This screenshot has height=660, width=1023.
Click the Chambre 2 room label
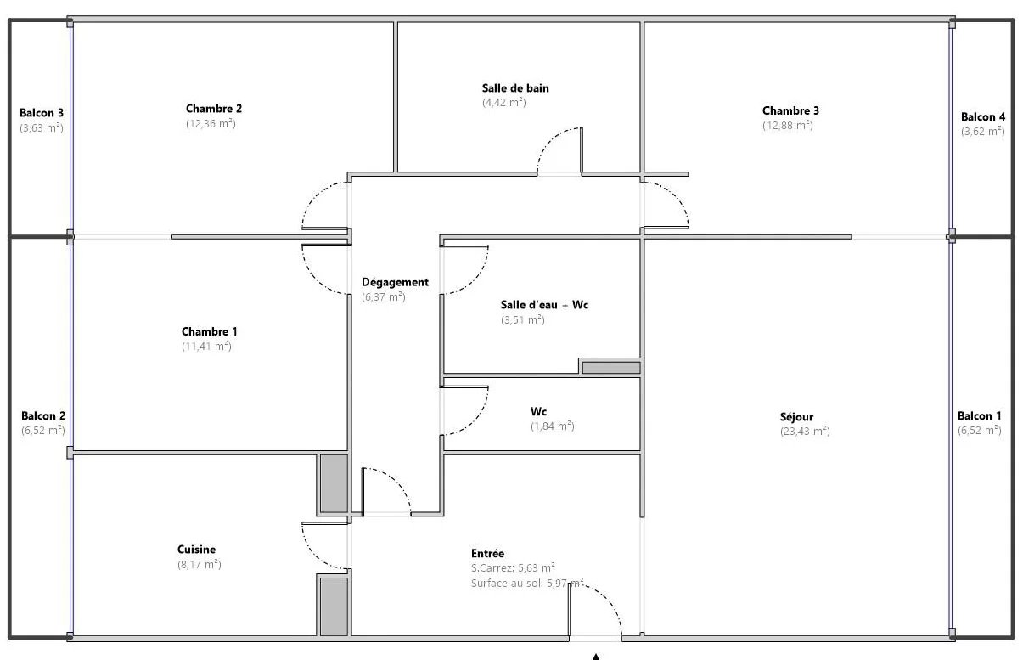point(214,109)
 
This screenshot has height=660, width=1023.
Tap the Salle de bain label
point(515,88)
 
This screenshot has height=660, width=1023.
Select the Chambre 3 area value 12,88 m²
point(787,125)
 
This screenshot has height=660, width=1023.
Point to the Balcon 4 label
point(983,117)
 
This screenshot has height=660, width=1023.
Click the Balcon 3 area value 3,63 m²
point(41,128)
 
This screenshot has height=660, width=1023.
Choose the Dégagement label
point(395,283)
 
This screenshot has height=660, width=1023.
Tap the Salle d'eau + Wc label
point(544,305)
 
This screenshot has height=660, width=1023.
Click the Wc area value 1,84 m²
point(552,426)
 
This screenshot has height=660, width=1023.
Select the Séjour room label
point(796,417)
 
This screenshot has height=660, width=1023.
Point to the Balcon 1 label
point(979,416)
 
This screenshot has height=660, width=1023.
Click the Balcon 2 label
point(43,416)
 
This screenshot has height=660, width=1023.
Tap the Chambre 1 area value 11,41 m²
point(206,347)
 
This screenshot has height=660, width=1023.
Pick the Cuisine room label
point(196,550)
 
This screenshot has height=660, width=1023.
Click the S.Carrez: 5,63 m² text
point(513,568)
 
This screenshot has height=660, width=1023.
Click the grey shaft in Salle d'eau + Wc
point(611,368)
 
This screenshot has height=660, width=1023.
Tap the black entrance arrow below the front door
point(595,657)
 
